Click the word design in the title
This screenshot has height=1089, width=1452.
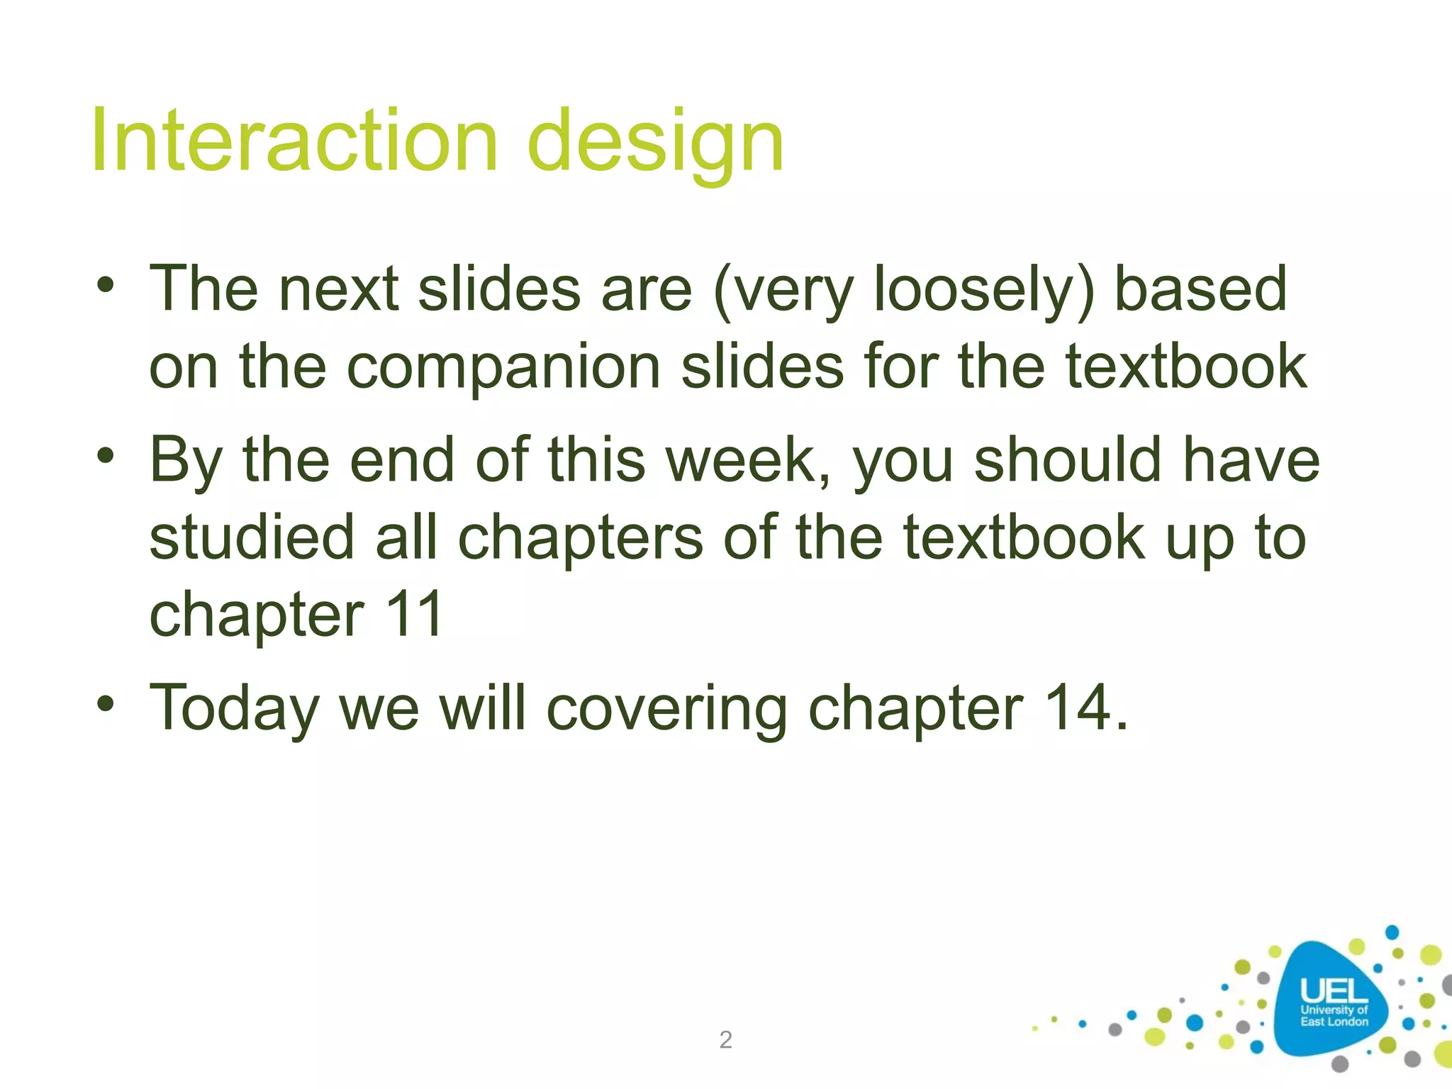[656, 142]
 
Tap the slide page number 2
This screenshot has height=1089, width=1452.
[725, 1039]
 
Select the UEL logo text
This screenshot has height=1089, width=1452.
[1334, 991]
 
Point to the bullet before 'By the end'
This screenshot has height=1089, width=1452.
[106, 456]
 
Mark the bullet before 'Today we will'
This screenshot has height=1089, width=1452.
[106, 704]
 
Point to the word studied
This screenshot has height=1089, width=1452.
[251, 537]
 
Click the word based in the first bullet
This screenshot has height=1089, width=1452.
[1200, 289]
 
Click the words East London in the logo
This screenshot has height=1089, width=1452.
[1334, 1022]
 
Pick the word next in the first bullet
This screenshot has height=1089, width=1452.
[338, 289]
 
